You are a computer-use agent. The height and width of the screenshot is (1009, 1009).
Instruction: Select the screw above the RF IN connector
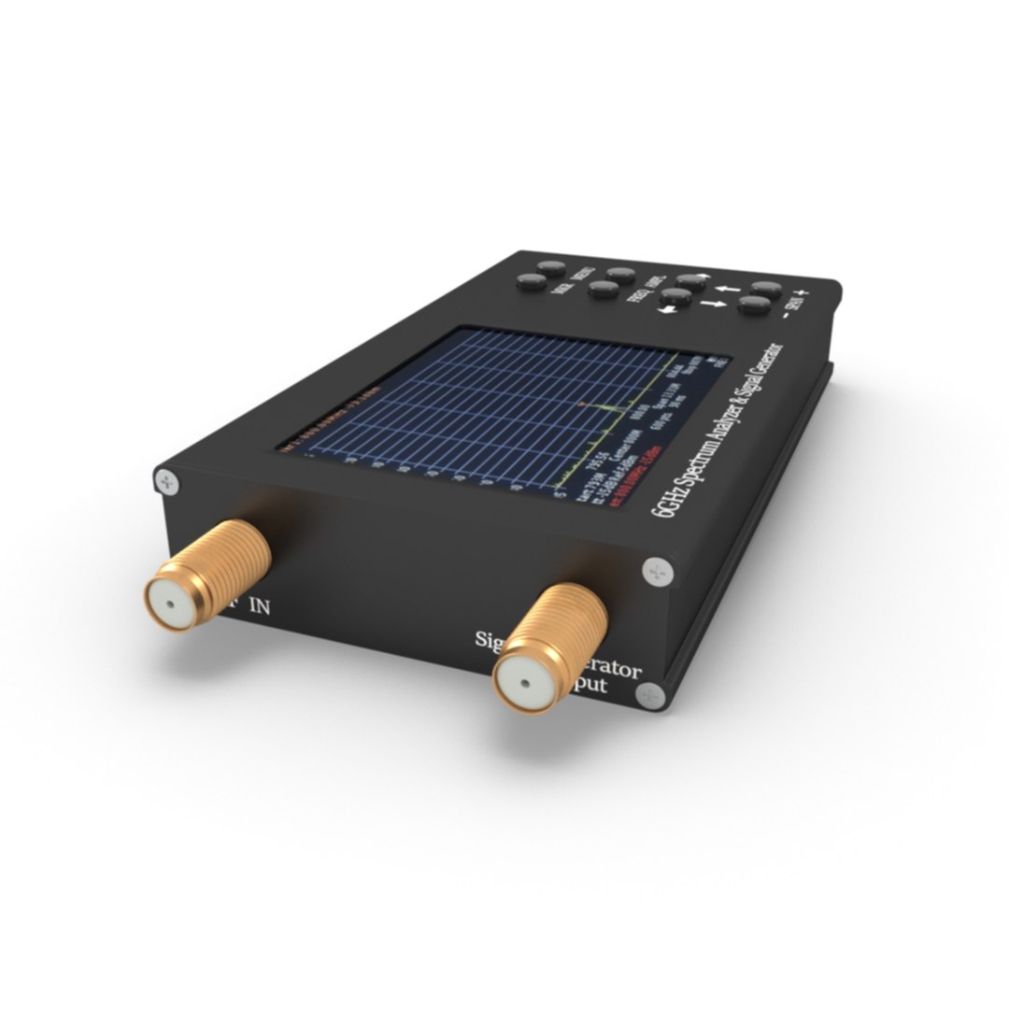pyautogui.click(x=167, y=482)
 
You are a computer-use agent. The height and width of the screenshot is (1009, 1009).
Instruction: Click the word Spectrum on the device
pyautogui.click(x=692, y=455)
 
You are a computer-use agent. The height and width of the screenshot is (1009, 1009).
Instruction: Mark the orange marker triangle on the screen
pyautogui.click(x=580, y=405)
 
